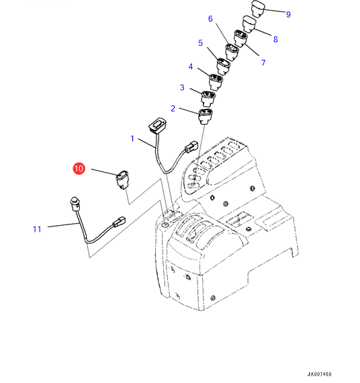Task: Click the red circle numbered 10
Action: point(79,169)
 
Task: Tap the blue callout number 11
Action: point(37,229)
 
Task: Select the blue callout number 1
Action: point(132,138)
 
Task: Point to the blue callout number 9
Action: point(288,14)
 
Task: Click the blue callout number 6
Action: point(210,19)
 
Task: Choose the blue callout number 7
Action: point(263,62)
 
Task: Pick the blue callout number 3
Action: point(182,87)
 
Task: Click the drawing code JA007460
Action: point(319,374)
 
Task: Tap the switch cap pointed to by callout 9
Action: point(258,9)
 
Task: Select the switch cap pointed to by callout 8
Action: point(249,24)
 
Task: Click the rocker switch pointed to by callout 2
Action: point(205,116)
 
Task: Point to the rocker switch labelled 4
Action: point(216,82)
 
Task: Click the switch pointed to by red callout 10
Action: point(122,179)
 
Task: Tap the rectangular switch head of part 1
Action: point(157,126)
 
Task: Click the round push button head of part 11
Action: point(75,204)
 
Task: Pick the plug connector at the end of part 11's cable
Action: point(119,222)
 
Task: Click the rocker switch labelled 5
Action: point(224,66)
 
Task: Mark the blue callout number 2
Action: point(173,108)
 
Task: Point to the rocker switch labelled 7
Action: point(240,38)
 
